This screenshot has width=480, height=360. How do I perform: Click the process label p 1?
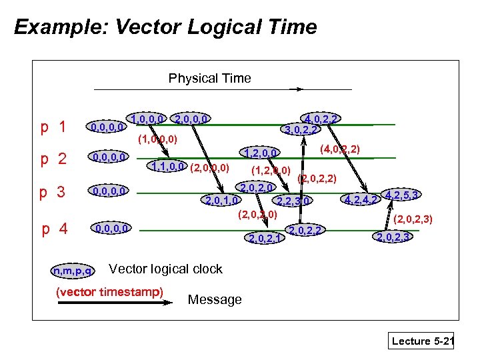53,126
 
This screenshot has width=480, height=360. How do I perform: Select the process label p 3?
53,193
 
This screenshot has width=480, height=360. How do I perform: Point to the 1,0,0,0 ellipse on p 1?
148,119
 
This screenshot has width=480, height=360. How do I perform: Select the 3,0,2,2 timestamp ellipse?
301,129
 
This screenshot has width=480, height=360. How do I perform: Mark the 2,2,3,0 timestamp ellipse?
294,200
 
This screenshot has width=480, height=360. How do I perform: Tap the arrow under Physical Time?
172,89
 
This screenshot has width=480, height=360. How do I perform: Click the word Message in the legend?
215,300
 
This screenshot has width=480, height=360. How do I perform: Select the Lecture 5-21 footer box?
422,341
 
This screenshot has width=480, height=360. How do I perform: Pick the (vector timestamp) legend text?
110,291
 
